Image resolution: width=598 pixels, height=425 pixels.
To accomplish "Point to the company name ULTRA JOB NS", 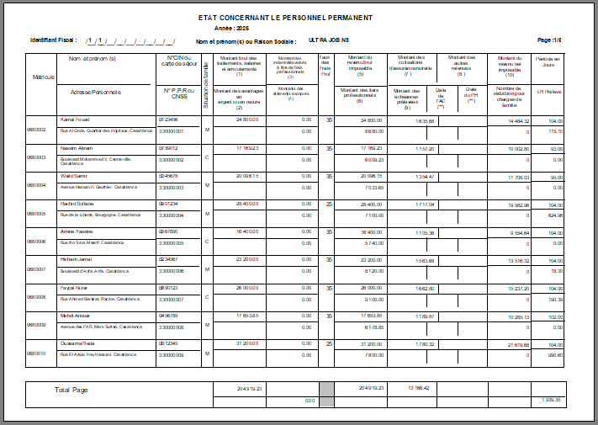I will click(329, 40).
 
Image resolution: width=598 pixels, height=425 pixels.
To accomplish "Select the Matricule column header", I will click(44, 77).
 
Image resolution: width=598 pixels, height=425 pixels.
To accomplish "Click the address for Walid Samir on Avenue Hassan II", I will click(100, 187).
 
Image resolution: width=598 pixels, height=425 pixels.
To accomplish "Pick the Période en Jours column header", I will click(551, 61).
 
